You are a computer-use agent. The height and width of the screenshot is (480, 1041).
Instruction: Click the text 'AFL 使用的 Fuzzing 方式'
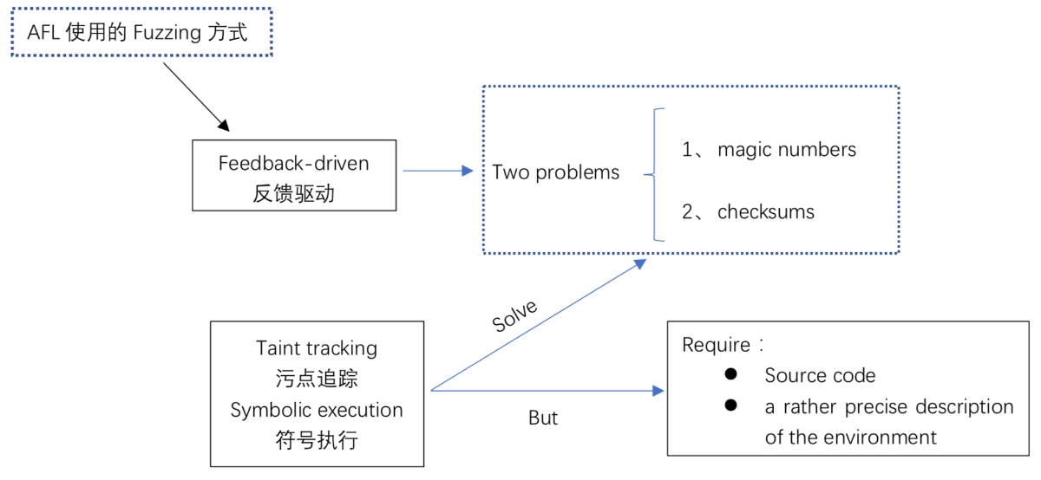[137, 33]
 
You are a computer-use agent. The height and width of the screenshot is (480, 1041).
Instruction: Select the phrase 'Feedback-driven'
[293, 163]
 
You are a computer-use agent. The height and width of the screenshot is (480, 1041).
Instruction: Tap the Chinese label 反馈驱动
[293, 194]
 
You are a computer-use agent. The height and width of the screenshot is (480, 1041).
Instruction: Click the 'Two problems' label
[556, 172]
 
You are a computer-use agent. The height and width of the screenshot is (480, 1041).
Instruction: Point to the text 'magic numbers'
[787, 149]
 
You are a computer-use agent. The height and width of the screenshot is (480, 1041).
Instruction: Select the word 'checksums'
[766, 211]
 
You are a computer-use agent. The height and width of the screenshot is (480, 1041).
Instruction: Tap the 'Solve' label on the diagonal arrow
[514, 317]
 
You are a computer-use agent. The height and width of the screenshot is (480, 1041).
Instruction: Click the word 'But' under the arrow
[543, 418]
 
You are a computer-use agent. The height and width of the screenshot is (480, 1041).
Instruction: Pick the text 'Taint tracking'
[317, 348]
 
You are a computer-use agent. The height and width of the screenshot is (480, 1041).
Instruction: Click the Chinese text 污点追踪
[317, 379]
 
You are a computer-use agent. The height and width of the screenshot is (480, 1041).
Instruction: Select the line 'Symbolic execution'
[317, 410]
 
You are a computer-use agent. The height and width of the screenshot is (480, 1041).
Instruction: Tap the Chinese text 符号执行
[317, 440]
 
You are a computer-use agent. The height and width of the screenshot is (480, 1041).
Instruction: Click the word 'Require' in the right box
[717, 345]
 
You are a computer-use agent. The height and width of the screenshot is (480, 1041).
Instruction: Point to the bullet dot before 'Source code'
[730, 374]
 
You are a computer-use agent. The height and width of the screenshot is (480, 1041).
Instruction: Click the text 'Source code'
[820, 375]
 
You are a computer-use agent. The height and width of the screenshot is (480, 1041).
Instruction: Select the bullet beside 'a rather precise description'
[730, 405]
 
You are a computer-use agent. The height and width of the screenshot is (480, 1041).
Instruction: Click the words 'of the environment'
[850, 437]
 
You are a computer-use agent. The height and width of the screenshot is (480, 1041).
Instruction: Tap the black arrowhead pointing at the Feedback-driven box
[223, 126]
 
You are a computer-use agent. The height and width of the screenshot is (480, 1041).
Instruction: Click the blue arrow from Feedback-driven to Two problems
[438, 172]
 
